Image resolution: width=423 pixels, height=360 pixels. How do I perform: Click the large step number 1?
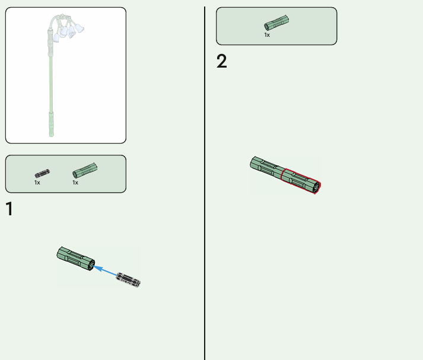pyautogui.click(x=9, y=209)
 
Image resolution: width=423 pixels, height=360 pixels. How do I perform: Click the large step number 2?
pyautogui.click(x=221, y=61)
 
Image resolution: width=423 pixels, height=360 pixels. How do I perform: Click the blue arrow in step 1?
pyautogui.click(x=105, y=270)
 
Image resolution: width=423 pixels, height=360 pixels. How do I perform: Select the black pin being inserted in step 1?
pyautogui.click(x=128, y=280)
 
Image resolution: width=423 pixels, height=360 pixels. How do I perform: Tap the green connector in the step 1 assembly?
pyautogui.click(x=76, y=259)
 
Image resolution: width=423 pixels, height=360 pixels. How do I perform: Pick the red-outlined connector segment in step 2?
pyautogui.click(x=301, y=181)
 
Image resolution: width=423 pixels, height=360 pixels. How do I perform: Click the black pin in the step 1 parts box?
pyautogui.click(x=42, y=173)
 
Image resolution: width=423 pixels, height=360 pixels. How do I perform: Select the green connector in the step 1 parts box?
pyautogui.click(x=85, y=170)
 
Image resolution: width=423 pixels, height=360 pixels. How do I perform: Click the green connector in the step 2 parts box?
pyautogui.click(x=276, y=23)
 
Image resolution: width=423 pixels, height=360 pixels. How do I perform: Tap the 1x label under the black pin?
pyautogui.click(x=37, y=183)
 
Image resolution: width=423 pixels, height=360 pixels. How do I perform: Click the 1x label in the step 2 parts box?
pyautogui.click(x=267, y=35)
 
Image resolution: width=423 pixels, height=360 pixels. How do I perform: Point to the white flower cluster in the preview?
pyautogui.click(x=68, y=31)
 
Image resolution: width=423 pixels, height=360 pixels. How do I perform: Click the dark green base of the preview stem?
pyautogui.click(x=51, y=124)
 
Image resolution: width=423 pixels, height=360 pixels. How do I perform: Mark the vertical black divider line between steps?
pyautogui.click(x=205, y=183)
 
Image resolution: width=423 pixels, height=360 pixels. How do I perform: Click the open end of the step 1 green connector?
pyautogui.click(x=92, y=265)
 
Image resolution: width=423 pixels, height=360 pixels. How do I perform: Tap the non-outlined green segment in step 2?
pyautogui.click(x=266, y=167)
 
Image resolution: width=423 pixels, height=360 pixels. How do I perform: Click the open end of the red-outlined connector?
pyautogui.click(x=317, y=187)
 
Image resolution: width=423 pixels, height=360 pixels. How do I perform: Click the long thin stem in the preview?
pyautogui.click(x=50, y=84)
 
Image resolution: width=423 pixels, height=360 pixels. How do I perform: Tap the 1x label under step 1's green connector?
pyautogui.click(x=75, y=183)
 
